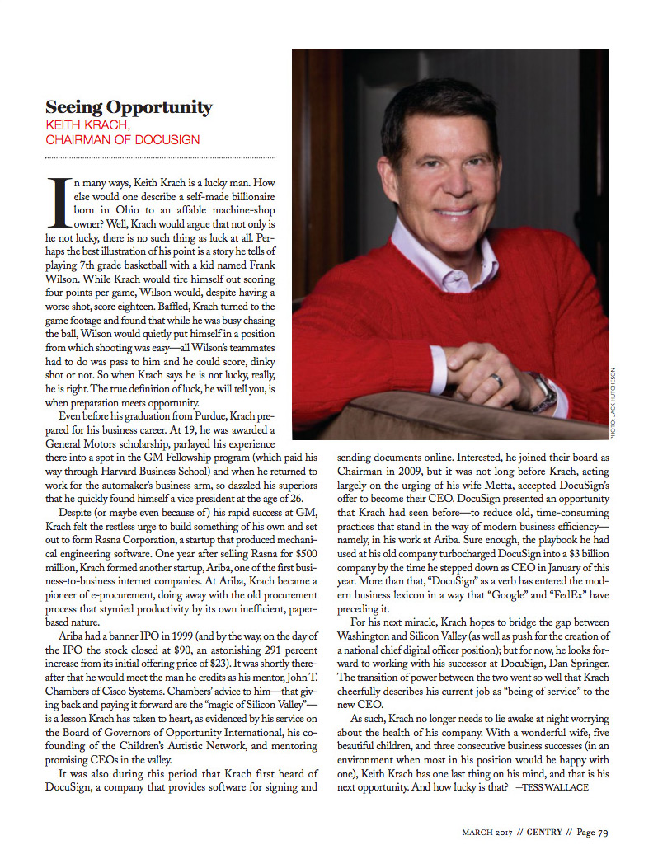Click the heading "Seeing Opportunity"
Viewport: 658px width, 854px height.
tap(128, 107)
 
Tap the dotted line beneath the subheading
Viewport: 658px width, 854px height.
tap(160, 157)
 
